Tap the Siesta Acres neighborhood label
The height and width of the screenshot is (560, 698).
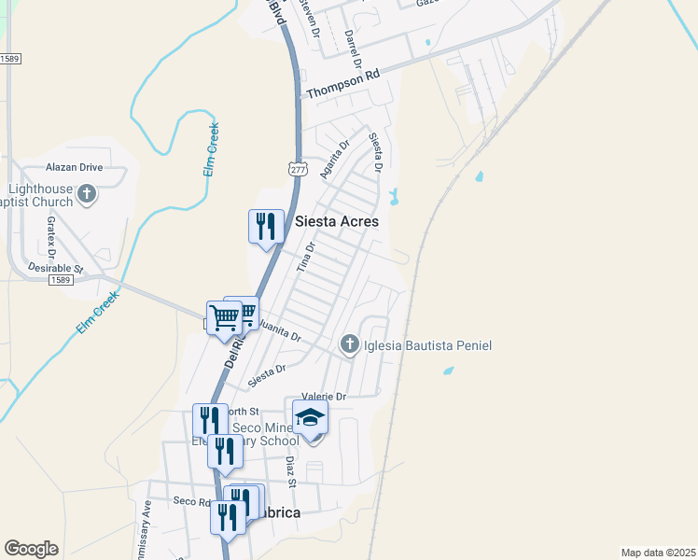point(337,222)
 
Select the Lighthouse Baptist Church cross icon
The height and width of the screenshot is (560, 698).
point(87,195)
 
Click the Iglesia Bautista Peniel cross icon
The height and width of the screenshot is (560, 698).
point(350,344)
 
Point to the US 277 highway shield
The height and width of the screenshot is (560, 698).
point(298,170)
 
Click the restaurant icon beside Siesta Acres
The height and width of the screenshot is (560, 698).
point(265,225)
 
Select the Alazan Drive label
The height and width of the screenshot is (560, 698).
point(75,168)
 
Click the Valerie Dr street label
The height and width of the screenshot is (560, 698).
point(324,397)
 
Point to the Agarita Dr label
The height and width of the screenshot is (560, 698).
point(333,158)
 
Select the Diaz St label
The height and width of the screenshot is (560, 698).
point(291,472)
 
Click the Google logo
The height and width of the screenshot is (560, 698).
point(31,549)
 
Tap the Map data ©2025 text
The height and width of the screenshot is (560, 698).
point(658,553)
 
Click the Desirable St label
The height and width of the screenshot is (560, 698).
point(56,267)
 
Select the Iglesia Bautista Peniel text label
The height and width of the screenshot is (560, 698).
point(426,346)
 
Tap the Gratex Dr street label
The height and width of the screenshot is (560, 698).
point(51,237)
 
